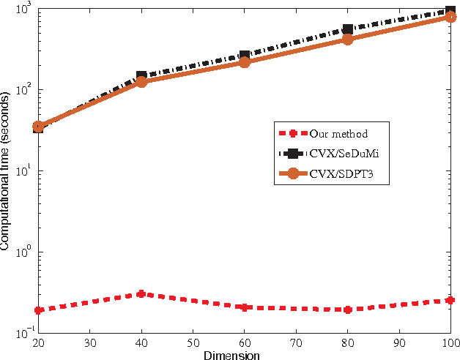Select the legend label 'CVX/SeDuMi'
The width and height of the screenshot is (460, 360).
(x=346, y=154)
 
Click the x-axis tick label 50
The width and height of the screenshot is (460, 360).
(x=192, y=342)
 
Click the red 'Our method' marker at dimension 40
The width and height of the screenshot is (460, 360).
(x=141, y=294)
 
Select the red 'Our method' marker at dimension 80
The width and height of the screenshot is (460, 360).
(x=347, y=310)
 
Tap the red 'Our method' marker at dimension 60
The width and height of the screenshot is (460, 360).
(x=244, y=307)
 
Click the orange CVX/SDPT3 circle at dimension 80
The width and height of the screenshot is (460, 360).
(x=347, y=40)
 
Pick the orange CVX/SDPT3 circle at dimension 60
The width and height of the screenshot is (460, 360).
(x=244, y=62)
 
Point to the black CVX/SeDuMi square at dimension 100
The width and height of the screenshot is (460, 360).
(x=450, y=12)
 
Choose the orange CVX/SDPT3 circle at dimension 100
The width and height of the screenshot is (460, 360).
(x=450, y=18)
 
